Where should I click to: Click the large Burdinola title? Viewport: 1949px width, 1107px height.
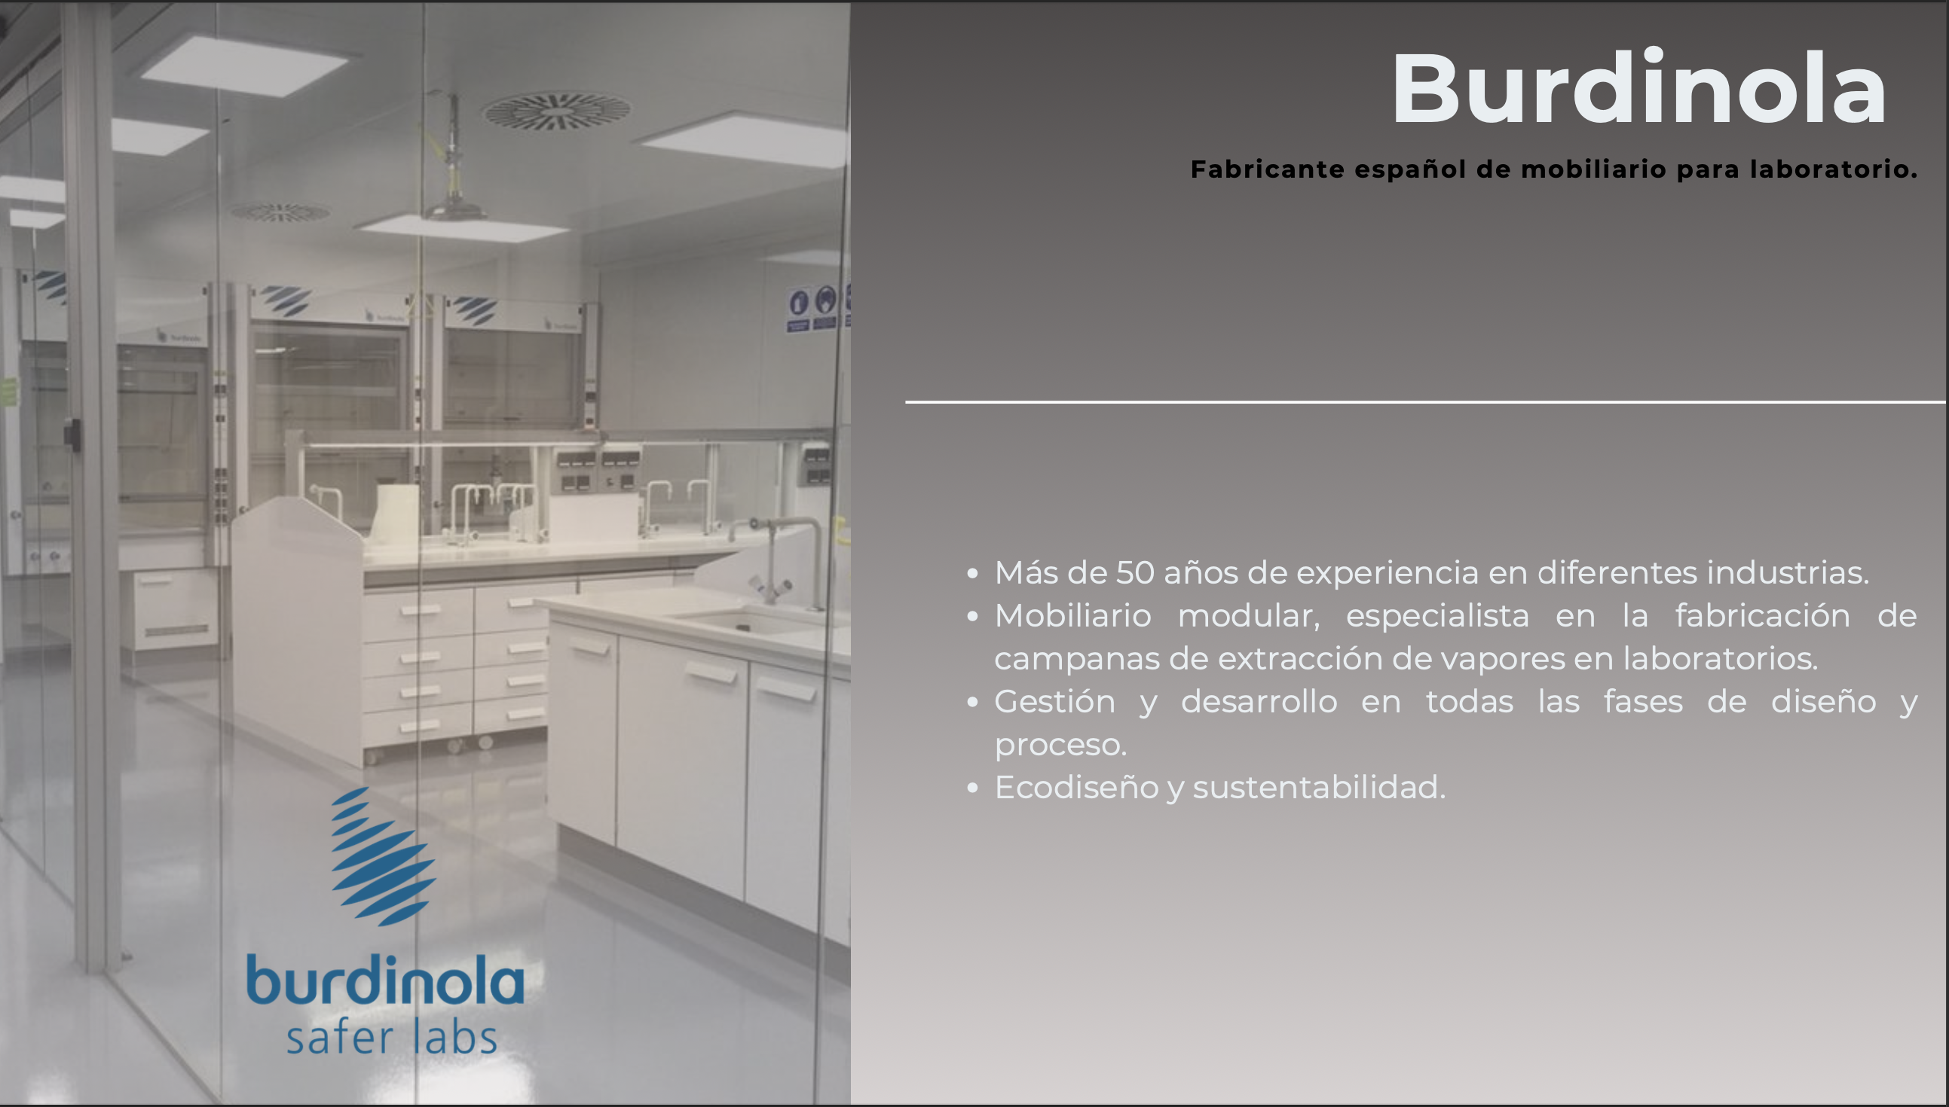(x=1639, y=88)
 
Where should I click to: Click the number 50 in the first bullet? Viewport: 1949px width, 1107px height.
(x=1135, y=572)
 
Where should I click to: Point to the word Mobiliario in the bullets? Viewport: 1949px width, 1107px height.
(x=1072, y=616)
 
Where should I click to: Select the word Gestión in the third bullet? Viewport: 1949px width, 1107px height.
(x=1054, y=702)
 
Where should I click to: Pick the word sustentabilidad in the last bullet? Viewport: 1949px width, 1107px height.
(x=1319, y=788)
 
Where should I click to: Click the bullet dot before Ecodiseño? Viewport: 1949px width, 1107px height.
(x=972, y=788)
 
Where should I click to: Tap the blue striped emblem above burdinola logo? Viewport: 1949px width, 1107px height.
(x=384, y=857)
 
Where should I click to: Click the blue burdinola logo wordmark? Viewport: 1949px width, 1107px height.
(x=386, y=980)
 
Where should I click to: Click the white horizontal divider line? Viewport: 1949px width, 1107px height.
(x=1426, y=401)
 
